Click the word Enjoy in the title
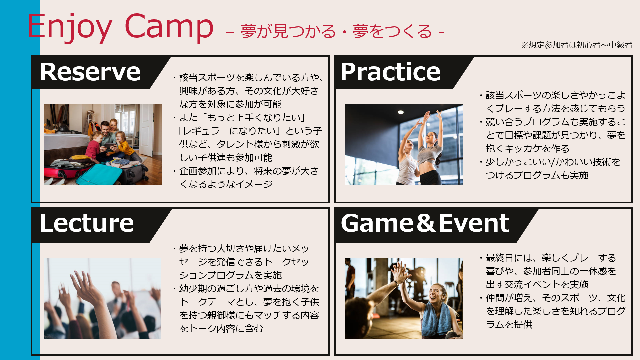70,27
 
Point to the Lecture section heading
87,223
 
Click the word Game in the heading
377,223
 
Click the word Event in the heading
474,223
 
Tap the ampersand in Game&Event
426,223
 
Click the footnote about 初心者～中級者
577,45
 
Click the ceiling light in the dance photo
401,112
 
